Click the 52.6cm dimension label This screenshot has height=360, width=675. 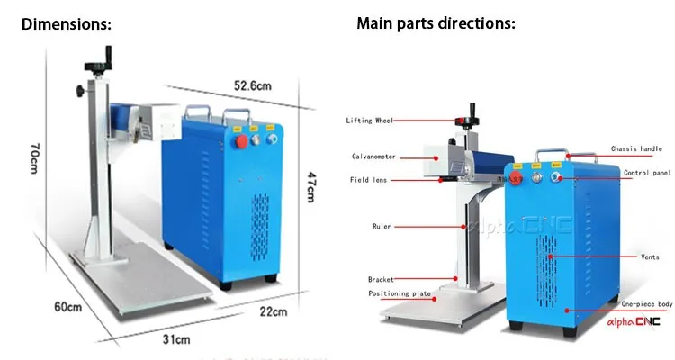pyautogui.click(x=253, y=85)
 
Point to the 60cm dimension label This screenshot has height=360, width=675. pyautogui.click(x=67, y=307)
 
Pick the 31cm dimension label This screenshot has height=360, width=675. pyautogui.click(x=177, y=339)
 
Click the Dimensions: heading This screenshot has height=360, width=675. pyautogui.click(x=67, y=24)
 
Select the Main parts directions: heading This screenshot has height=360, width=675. pyautogui.click(x=436, y=23)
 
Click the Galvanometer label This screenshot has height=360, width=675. pyautogui.click(x=371, y=155)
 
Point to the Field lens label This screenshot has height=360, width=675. pyautogui.click(x=369, y=180)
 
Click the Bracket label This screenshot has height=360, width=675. pyautogui.click(x=382, y=279)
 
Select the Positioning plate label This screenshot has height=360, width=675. pyautogui.click(x=399, y=293)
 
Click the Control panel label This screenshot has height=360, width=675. pyautogui.click(x=647, y=172)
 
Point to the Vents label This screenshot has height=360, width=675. pyautogui.click(x=650, y=256)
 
